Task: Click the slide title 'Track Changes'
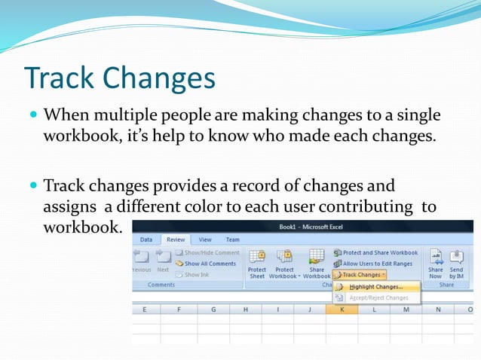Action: pyautogui.click(x=119, y=78)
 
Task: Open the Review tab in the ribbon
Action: pyautogui.click(x=175, y=239)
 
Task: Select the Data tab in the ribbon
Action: pyautogui.click(x=146, y=239)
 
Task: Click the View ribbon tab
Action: pyautogui.click(x=205, y=239)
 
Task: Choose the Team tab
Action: pyautogui.click(x=233, y=239)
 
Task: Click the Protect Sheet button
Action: pyautogui.click(x=257, y=264)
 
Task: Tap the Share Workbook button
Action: pyautogui.click(x=317, y=264)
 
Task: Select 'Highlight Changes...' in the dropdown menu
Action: pyautogui.click(x=375, y=287)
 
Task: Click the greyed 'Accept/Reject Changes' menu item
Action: pyautogui.click(x=378, y=297)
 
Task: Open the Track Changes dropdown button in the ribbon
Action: pyautogui.click(x=361, y=275)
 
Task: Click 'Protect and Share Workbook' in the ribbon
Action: pyautogui.click(x=380, y=253)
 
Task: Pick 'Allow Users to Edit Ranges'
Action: pyautogui.click(x=378, y=264)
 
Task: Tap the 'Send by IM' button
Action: pyautogui.click(x=456, y=264)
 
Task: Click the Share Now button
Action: pyautogui.click(x=436, y=264)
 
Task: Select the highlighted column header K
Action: pyautogui.click(x=342, y=310)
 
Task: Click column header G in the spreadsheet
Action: pyautogui.click(x=213, y=310)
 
